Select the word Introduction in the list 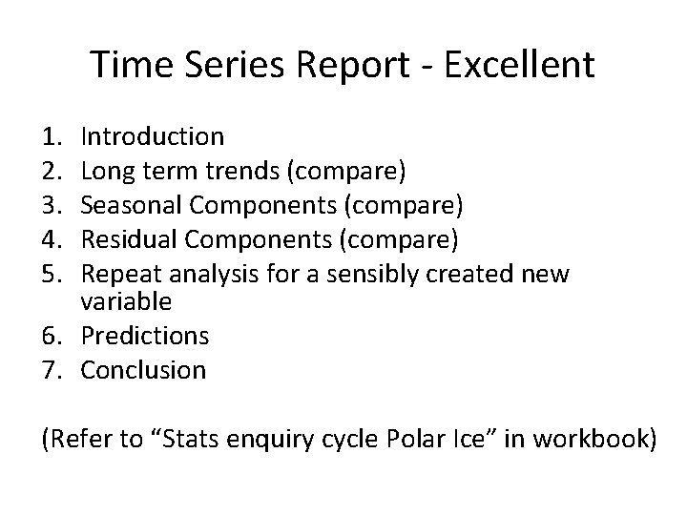coord(153,137)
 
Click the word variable coord(126,302)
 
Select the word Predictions coord(144,336)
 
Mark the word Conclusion coord(143,369)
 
